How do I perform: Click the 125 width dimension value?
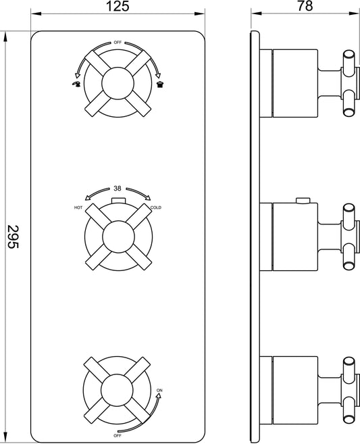click(118, 7)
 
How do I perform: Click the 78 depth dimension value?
click(305, 7)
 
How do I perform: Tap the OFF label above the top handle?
click(118, 42)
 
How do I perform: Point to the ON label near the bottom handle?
click(160, 390)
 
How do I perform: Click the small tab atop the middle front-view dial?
click(118, 201)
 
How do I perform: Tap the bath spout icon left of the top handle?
click(76, 84)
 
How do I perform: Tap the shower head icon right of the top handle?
click(159, 84)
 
